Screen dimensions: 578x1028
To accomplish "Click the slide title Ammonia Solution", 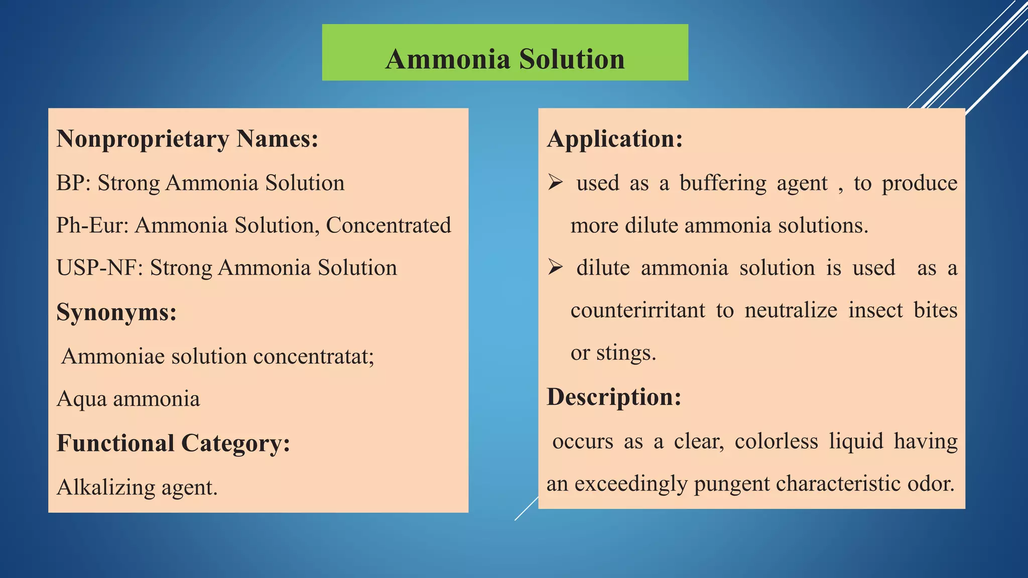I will (505, 59).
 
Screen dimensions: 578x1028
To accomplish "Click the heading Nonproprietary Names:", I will (187, 139).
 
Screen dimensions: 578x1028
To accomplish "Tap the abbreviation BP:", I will (73, 183).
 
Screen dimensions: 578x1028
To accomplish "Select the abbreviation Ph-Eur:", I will (93, 225).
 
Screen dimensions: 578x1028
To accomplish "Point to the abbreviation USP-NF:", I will (100, 268).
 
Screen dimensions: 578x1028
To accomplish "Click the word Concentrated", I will (389, 225).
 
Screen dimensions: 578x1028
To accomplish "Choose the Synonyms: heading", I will (116, 312).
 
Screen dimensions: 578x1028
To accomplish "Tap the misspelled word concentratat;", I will (314, 357).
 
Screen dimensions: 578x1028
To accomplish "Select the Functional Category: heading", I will (173, 443).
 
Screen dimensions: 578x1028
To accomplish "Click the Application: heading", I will (615, 139).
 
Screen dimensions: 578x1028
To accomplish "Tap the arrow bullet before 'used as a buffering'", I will (555, 182).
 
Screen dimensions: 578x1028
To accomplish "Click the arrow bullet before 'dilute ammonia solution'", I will (555, 267).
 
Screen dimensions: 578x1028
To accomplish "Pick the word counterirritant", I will (637, 311).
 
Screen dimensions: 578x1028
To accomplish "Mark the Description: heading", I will (614, 397).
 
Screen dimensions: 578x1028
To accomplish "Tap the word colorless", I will (776, 442).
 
